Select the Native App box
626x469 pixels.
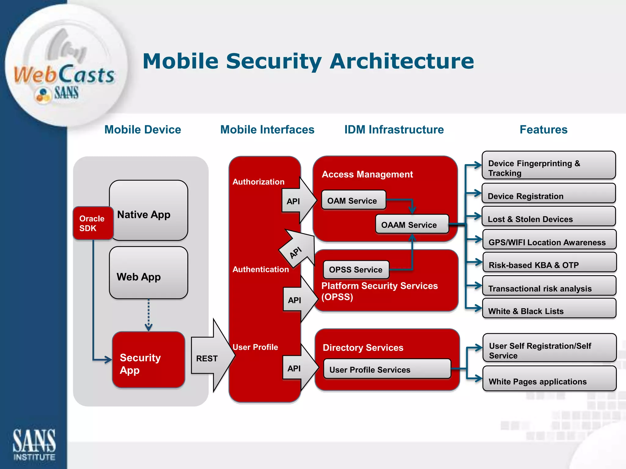coord(149,210)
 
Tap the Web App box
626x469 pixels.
coord(149,273)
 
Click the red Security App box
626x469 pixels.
coord(149,360)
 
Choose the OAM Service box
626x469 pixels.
coord(354,200)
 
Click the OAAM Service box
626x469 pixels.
coord(412,224)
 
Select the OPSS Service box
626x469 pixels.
coord(356,270)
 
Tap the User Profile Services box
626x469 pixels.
coord(387,369)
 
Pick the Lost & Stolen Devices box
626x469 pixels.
coord(548,216)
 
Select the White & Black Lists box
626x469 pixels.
coord(549,309)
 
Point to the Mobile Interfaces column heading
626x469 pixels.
coord(267,130)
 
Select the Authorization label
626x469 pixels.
coord(258,182)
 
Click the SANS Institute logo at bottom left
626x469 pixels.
coord(34,444)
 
